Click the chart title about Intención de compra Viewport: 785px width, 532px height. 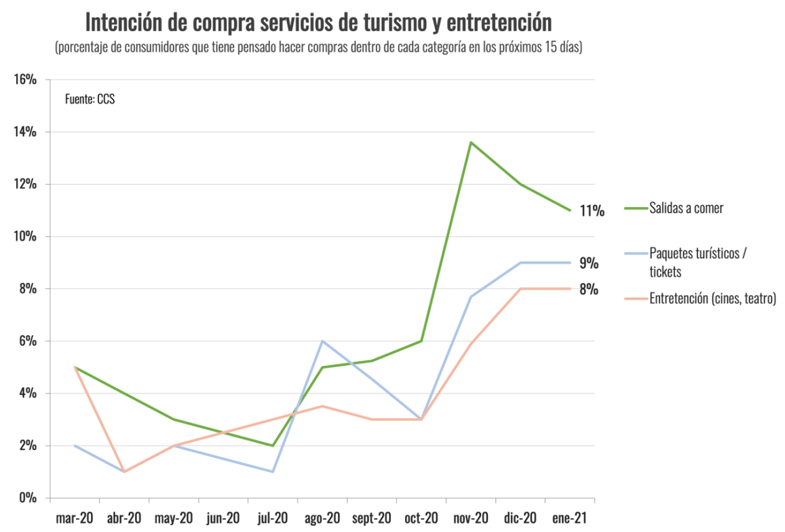coord(318,22)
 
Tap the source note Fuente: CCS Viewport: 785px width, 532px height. coord(90,99)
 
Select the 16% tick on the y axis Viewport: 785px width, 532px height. coord(25,79)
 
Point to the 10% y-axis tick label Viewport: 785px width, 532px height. coord(25,236)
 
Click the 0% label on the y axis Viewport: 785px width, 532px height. coord(28,497)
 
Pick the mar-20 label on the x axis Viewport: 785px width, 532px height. coord(74,518)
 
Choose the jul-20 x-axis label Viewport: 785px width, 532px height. coord(272,518)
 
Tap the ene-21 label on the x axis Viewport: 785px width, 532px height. coord(569,518)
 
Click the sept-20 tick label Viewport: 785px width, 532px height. coord(371,518)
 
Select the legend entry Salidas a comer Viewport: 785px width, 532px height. coord(686,208)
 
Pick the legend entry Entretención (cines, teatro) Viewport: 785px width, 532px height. coord(712,298)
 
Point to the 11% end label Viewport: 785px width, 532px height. coord(591,210)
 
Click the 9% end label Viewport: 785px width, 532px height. coord(588,263)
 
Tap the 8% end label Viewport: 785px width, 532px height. coord(588,289)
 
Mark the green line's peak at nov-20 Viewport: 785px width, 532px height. coord(471,142)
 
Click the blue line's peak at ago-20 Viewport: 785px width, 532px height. coord(322,341)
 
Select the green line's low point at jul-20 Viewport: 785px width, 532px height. coord(273,445)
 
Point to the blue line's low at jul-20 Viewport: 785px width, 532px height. coord(273,472)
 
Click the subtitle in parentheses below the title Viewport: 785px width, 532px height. coord(318,48)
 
